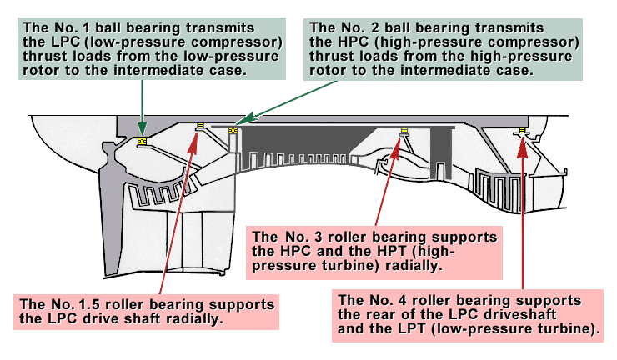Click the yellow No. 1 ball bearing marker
[143, 141]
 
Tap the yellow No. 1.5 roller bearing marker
[200, 127]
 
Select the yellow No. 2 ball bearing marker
[233, 130]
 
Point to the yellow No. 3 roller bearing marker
[404, 131]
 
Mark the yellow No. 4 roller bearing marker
[522, 130]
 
